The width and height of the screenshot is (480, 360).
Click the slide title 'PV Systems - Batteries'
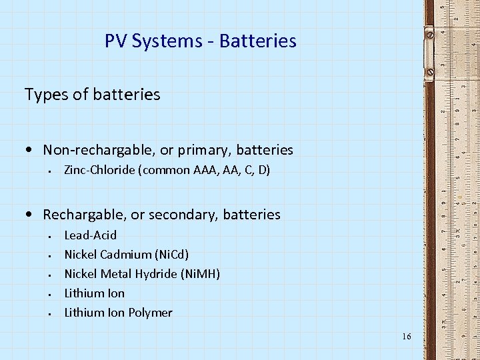pos(200,41)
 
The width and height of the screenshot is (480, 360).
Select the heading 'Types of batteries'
pos(92,95)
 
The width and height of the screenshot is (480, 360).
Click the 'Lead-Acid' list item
pos(90,235)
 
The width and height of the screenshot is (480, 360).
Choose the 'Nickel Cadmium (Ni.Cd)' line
pos(126,255)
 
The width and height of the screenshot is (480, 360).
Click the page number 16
pos(407,337)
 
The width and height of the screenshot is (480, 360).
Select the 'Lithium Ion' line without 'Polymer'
pos(94,293)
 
